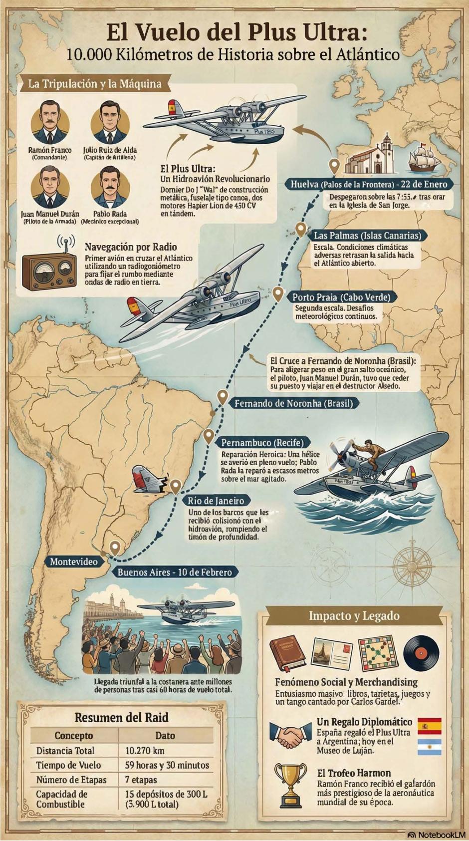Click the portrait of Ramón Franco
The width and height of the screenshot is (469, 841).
click(x=49, y=122)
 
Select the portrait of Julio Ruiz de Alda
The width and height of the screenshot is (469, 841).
click(x=110, y=122)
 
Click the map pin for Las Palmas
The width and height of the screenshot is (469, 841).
click(x=300, y=230)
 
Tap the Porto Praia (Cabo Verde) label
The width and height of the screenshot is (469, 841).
click(x=341, y=297)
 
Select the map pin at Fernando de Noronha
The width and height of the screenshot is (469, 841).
click(x=223, y=398)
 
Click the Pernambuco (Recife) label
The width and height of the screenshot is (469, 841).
click(x=262, y=442)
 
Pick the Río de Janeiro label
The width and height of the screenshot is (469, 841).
click(x=216, y=501)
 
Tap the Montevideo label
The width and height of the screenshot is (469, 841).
click(x=74, y=561)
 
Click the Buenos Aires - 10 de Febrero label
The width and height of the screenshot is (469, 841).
click(x=175, y=572)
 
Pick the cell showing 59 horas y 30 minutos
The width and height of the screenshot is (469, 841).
click(x=166, y=765)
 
